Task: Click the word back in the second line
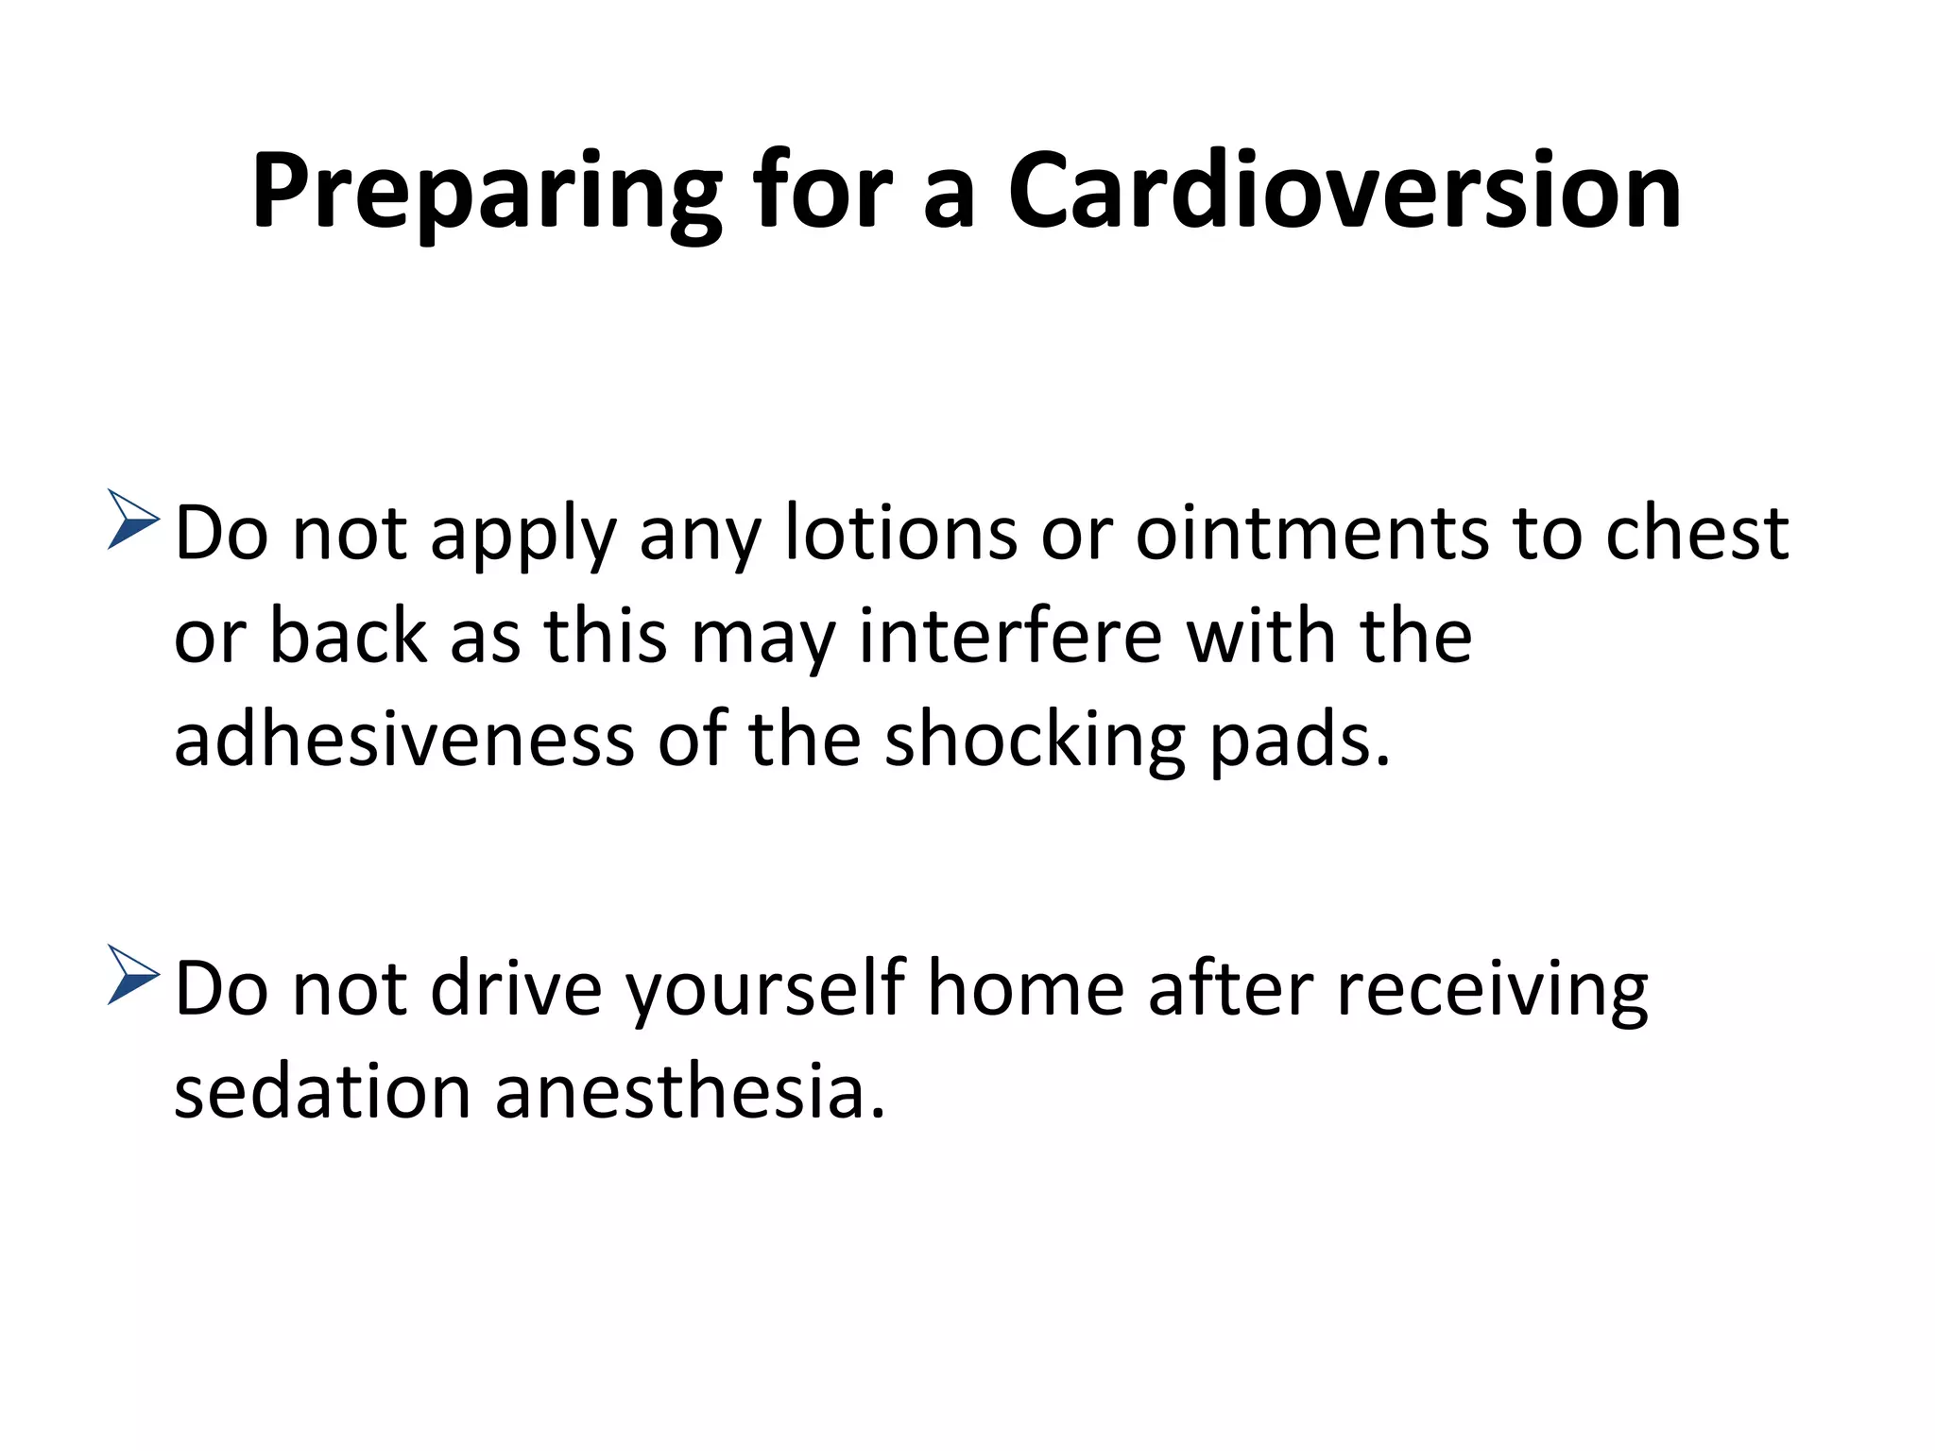click(348, 636)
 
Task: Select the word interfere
click(1010, 636)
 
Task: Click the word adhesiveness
click(404, 739)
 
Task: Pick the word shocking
click(1035, 741)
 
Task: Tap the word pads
click(1300, 739)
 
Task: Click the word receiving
click(1493, 991)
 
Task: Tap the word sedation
click(322, 1092)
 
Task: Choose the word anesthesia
click(690, 1092)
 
